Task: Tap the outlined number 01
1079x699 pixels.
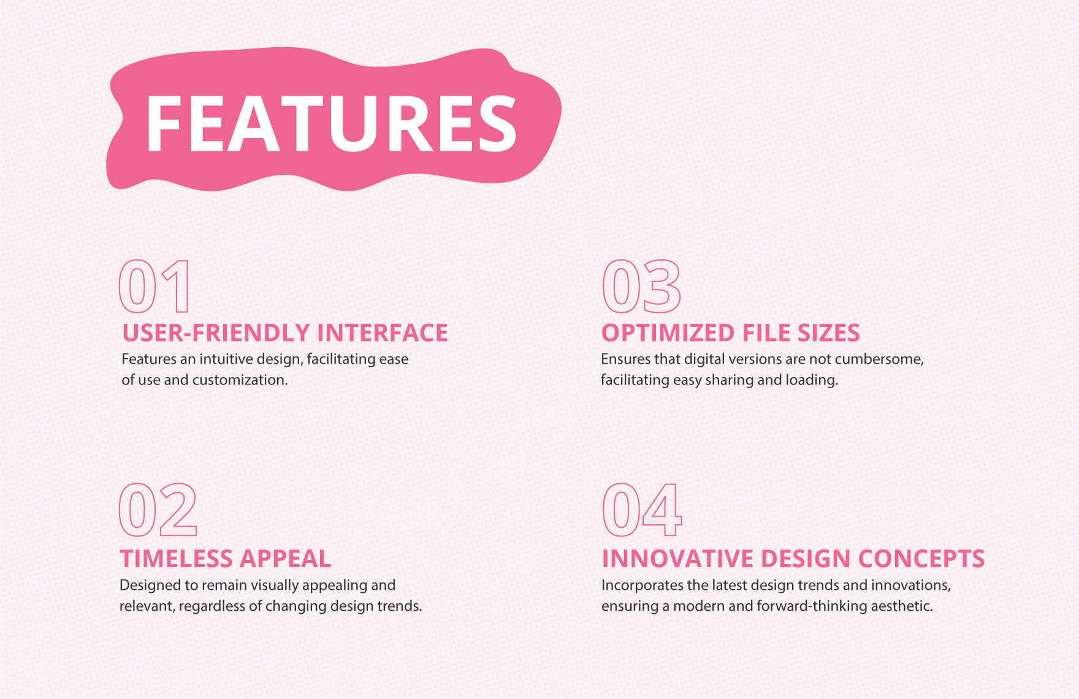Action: tap(154, 286)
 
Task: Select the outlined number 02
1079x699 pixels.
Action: tap(158, 510)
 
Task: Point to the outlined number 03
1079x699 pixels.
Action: tap(641, 286)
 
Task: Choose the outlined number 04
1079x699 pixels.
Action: tap(642, 510)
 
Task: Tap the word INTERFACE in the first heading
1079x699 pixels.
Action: tap(383, 333)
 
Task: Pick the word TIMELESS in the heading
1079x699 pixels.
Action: tap(175, 559)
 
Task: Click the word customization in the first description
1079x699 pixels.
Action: tap(239, 380)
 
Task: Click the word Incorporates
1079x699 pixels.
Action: tap(641, 586)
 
